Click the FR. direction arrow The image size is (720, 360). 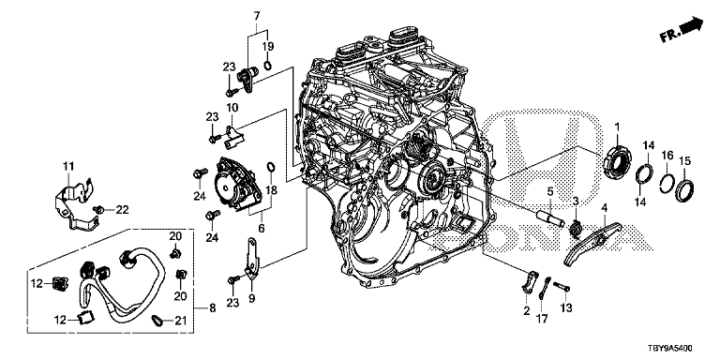(x=682, y=29)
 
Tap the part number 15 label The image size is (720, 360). (x=684, y=161)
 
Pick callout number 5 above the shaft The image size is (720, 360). (x=550, y=191)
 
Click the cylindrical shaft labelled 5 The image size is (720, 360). (x=550, y=217)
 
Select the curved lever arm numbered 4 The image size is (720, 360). (x=592, y=243)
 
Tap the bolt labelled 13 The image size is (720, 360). (x=562, y=288)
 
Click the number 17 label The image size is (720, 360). (x=543, y=318)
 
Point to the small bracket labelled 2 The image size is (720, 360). (x=530, y=281)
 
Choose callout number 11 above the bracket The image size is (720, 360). (x=68, y=166)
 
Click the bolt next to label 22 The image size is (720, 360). (x=98, y=209)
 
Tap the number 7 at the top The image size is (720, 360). (x=257, y=17)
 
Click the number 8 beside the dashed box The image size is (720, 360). (x=212, y=308)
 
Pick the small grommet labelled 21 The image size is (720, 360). (x=157, y=320)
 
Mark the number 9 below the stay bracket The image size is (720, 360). (x=251, y=299)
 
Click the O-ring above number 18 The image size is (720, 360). (x=271, y=166)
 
